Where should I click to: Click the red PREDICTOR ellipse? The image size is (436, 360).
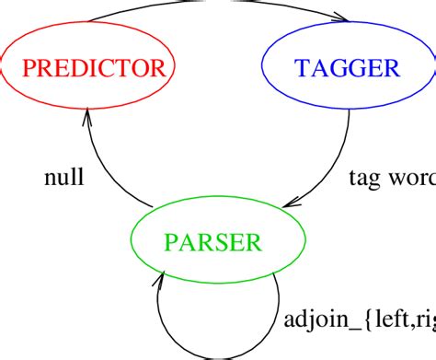pyautogui.click(x=87, y=67)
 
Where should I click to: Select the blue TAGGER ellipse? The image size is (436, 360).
pyautogui.click(x=347, y=67)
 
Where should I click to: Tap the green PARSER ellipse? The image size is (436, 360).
pyautogui.click(x=213, y=242)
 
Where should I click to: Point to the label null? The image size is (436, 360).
pyautogui.click(x=64, y=178)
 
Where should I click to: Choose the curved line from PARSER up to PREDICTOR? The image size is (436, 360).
pyautogui.click(x=106, y=166)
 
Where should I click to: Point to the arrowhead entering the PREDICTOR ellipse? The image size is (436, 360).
pyautogui.click(x=88, y=117)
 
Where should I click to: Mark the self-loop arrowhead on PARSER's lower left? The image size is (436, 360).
pyautogui.click(x=162, y=274)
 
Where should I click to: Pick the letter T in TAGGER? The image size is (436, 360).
pyautogui.click(x=301, y=67)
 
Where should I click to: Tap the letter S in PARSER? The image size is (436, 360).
pyautogui.click(x=222, y=242)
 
